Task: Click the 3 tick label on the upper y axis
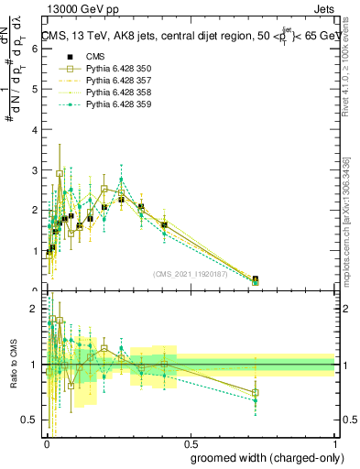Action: pyautogui.click(x=35, y=170)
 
